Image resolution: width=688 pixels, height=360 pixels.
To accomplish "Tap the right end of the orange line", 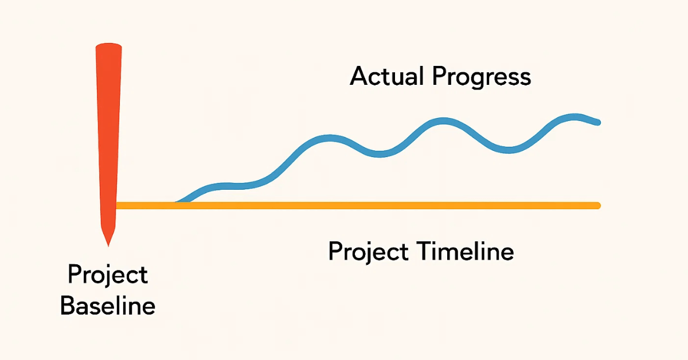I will click(x=597, y=205).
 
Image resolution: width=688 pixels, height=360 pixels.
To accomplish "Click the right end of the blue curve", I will click(x=597, y=122).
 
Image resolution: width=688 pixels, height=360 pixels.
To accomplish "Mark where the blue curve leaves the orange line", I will click(x=178, y=202).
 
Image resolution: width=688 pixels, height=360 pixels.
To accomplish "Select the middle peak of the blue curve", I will click(x=443, y=120).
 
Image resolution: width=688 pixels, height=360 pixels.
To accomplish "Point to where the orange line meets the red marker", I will click(x=116, y=205).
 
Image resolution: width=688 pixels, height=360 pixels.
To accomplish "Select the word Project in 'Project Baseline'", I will click(x=108, y=275).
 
